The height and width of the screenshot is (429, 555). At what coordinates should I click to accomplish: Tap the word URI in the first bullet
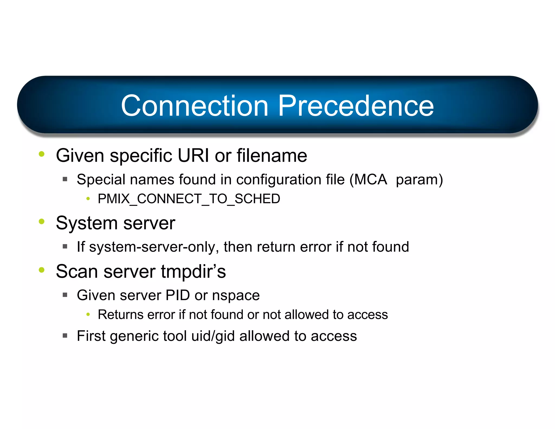click(x=193, y=156)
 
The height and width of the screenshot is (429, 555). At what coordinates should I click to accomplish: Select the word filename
click(x=272, y=156)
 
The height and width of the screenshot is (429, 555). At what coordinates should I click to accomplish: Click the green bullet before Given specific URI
click(x=41, y=154)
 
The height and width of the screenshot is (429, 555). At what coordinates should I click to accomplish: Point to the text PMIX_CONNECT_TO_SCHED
click(x=189, y=199)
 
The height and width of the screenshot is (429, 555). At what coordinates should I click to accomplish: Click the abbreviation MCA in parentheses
click(x=370, y=180)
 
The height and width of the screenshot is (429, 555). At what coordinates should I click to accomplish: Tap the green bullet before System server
click(x=41, y=221)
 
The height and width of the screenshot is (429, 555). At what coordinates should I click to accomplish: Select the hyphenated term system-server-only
click(x=154, y=247)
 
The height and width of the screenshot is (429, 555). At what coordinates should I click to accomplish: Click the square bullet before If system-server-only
click(x=65, y=246)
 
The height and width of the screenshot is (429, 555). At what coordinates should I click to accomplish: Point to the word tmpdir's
click(x=193, y=271)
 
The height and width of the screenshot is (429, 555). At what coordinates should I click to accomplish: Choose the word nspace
click(x=236, y=296)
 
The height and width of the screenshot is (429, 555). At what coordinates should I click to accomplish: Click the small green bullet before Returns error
click(x=88, y=315)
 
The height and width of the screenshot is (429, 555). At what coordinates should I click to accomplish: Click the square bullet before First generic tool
click(x=65, y=335)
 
